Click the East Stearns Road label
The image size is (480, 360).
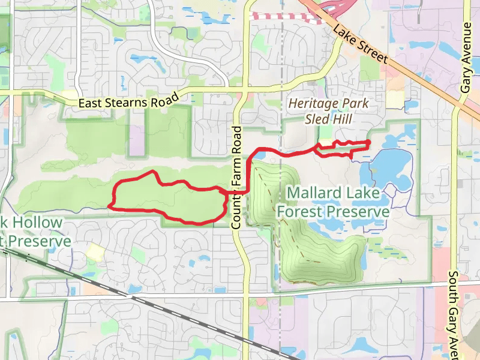point(129,101)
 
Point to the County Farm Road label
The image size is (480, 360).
point(236,177)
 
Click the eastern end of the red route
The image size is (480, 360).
point(367,142)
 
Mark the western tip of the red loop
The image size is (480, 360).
point(109,206)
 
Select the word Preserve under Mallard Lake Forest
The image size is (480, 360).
point(358,212)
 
